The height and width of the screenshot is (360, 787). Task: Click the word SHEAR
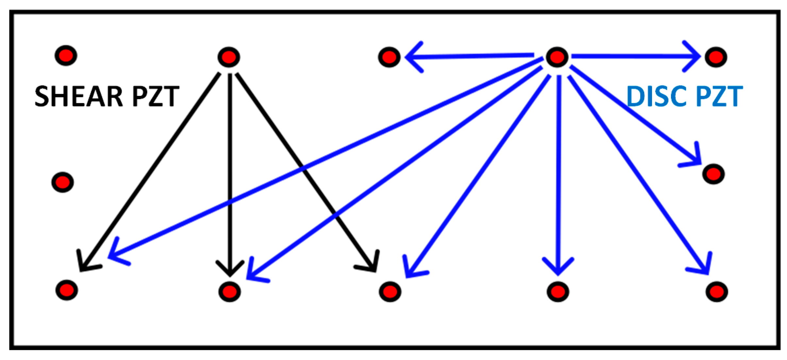coord(78,96)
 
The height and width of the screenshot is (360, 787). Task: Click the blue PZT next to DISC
coord(719,96)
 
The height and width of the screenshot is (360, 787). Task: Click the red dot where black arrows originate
coord(229,57)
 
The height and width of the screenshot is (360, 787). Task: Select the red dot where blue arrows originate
coord(557,57)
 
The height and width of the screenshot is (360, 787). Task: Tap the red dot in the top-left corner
coord(66,56)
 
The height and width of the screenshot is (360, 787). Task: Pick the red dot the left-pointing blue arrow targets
coord(389,57)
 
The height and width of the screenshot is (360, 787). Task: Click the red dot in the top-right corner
coord(716,57)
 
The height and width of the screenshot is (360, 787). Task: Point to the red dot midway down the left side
coord(63,182)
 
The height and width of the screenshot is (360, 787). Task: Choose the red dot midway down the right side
coord(713,174)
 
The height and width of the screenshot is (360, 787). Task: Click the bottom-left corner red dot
coord(67,290)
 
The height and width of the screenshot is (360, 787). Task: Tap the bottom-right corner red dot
coord(716,292)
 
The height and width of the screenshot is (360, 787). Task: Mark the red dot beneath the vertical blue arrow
coord(558,292)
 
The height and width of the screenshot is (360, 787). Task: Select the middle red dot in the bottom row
coord(390,292)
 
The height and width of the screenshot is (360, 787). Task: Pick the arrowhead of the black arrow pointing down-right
coord(373,266)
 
